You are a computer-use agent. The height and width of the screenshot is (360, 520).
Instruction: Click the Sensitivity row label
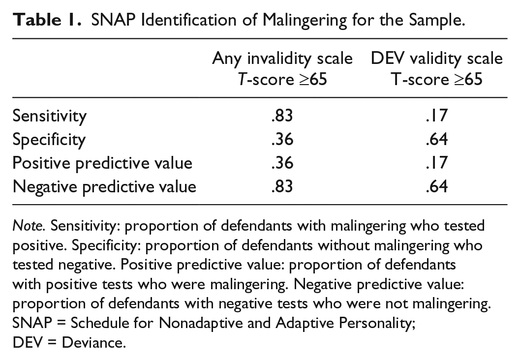[x=49, y=116]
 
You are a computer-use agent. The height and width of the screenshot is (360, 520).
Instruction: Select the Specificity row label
[x=49, y=140]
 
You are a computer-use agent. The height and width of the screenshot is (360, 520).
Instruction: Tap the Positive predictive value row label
[x=102, y=163]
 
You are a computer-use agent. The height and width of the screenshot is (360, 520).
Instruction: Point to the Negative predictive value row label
[x=104, y=186]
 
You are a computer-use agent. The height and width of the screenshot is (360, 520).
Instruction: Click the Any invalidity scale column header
[x=282, y=69]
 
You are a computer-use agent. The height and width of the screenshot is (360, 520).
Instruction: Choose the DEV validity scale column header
[x=437, y=69]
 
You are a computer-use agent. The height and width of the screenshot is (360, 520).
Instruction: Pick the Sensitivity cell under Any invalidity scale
[x=282, y=116]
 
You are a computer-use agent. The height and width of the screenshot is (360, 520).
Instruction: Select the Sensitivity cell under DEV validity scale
[x=437, y=116]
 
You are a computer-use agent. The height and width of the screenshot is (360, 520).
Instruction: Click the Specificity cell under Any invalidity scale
[x=282, y=139]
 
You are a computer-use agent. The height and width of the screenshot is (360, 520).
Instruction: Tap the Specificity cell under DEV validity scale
[x=437, y=139]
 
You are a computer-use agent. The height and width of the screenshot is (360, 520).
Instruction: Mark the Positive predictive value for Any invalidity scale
[x=282, y=163]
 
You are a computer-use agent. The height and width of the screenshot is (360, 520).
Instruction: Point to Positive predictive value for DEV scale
[x=437, y=163]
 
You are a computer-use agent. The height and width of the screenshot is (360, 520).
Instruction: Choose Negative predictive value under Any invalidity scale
[x=282, y=186]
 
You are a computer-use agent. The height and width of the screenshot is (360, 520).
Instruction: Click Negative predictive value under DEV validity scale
[x=437, y=186]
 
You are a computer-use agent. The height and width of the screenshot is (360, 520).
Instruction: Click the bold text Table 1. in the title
[x=47, y=20]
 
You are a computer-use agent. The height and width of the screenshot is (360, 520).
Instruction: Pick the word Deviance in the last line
[x=94, y=342]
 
